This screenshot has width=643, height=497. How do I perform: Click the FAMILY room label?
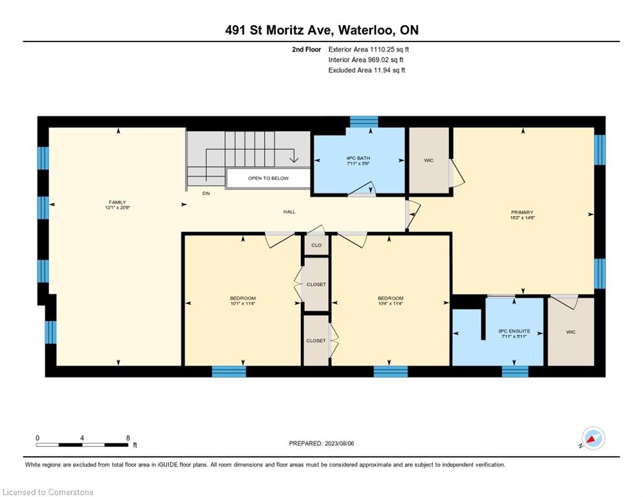coord(117,202)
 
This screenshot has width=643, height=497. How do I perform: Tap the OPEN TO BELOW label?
coord(268,178)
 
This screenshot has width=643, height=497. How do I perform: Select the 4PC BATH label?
coord(358,158)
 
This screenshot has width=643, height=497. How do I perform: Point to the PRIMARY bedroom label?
coord(522,212)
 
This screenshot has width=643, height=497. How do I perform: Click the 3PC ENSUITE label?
coord(514,331)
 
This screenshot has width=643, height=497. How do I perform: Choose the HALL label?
coord(289,212)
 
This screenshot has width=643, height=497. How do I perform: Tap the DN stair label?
coord(206,193)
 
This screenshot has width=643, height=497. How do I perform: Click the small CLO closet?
coord(316,245)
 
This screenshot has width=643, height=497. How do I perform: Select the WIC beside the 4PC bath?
coord(429,160)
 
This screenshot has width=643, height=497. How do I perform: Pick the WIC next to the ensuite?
coord(571,331)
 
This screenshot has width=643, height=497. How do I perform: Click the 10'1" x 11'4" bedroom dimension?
coord(243,304)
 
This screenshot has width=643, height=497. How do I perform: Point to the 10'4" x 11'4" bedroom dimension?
coord(391,304)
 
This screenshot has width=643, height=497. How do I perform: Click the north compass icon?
coord(593,438)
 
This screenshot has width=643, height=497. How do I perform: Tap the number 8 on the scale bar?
coord(128,438)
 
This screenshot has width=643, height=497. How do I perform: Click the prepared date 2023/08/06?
coord(339,443)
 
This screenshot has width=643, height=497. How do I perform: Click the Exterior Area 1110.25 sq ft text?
coord(369,49)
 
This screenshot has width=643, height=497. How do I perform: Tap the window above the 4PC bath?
coord(364,122)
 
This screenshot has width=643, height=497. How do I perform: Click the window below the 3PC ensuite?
coord(515,371)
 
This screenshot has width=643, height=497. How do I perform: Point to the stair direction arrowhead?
coord(293,159)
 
